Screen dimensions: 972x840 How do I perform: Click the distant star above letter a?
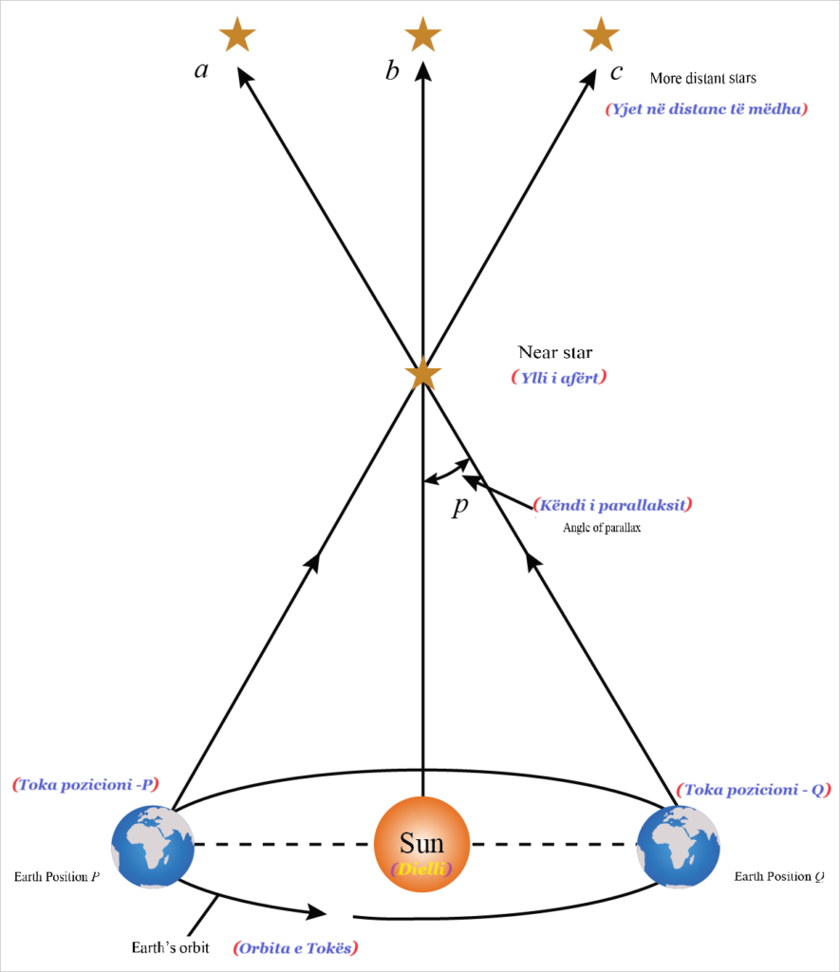point(237,35)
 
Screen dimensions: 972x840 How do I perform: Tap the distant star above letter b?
point(423,35)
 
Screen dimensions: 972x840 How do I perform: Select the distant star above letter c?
point(601,35)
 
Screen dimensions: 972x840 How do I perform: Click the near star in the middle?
point(422,373)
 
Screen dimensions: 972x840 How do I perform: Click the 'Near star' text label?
point(555,353)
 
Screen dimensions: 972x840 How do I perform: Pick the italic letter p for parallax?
point(460,506)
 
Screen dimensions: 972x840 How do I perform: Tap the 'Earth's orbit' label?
point(169,947)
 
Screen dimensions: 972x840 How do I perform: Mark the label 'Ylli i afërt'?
point(558,377)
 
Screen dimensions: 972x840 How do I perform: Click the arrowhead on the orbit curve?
point(316,913)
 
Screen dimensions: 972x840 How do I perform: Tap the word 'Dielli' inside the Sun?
point(421,869)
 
